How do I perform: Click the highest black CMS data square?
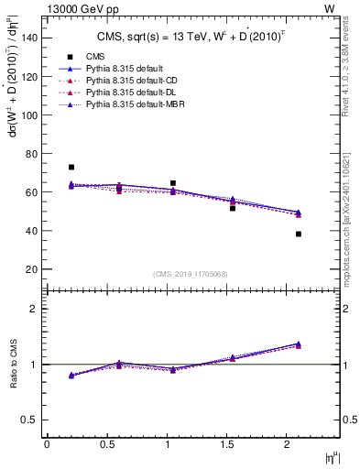click(71, 168)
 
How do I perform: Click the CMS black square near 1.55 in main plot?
click(233, 209)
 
